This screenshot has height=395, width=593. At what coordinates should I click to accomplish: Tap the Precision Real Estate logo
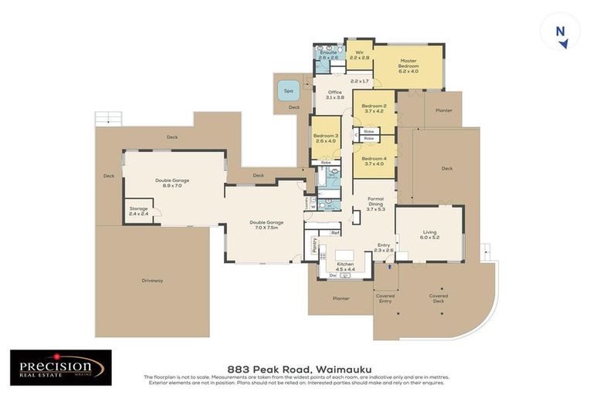click(x=60, y=367)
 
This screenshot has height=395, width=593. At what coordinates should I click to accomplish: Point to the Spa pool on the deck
click(x=289, y=90)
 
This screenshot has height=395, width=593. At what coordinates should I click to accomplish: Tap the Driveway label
click(x=152, y=280)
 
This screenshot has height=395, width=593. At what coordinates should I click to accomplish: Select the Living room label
click(x=429, y=234)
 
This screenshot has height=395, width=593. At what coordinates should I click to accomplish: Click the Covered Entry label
click(x=385, y=298)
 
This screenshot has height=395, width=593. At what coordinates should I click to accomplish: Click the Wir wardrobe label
click(x=359, y=54)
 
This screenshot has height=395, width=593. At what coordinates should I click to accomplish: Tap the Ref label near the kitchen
click(x=334, y=232)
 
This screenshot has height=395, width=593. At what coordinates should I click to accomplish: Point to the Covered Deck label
click(x=438, y=297)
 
